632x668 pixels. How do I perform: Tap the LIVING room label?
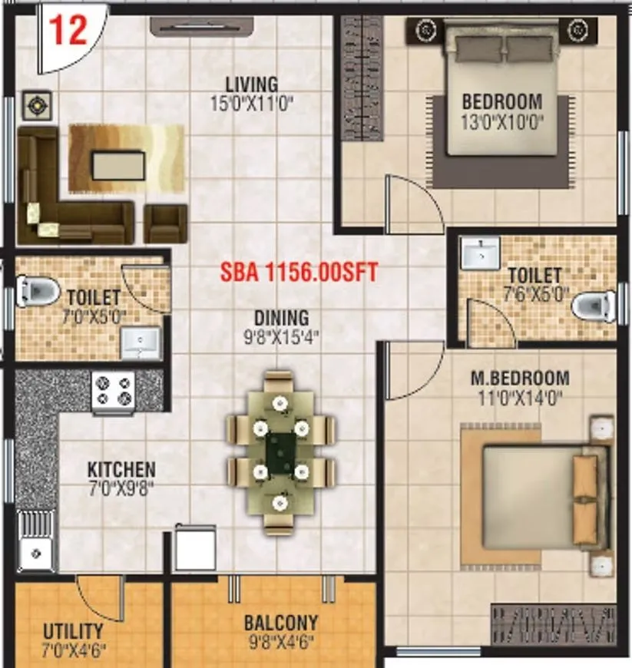(x=251, y=84)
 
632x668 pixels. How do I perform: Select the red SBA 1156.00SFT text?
(x=299, y=272)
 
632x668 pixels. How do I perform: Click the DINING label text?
(x=283, y=317)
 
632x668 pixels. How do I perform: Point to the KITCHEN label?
(x=121, y=469)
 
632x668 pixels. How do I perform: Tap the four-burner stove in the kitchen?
(x=114, y=389)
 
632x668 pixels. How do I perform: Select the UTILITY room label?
(x=73, y=631)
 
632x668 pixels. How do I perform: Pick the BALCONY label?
(x=281, y=623)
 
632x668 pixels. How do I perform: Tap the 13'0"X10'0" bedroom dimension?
(x=501, y=120)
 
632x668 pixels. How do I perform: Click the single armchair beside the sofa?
(x=166, y=222)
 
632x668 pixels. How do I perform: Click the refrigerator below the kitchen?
(x=195, y=548)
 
